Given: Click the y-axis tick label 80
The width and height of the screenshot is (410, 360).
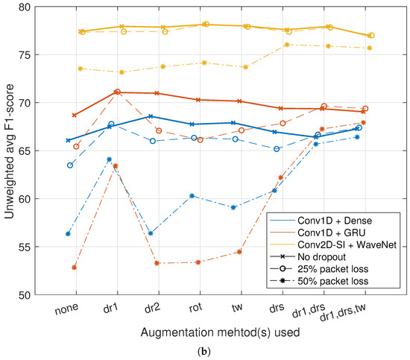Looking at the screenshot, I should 44,7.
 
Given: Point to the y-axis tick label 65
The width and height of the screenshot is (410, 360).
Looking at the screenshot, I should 44,151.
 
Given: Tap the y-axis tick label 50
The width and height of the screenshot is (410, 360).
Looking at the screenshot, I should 44,295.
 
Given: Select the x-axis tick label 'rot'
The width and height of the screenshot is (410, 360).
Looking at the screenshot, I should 195,307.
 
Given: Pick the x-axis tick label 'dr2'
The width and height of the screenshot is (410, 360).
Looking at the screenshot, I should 152,308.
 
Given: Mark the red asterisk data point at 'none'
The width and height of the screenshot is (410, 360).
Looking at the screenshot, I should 75,267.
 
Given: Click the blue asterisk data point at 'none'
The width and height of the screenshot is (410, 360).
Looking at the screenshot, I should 69,233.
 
